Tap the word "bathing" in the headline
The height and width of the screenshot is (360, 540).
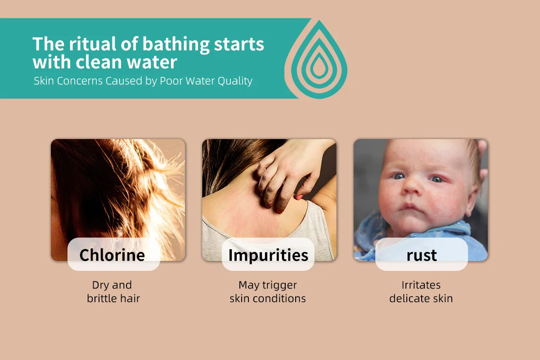pyautogui.click(x=176, y=45)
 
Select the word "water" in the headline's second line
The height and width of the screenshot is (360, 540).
pyautogui.click(x=152, y=62)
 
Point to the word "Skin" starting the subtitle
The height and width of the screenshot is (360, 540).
pyautogui.click(x=44, y=81)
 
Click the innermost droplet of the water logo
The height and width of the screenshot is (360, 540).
pyautogui.click(x=319, y=66)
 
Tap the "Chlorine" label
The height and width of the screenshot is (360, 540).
pyautogui.click(x=112, y=255)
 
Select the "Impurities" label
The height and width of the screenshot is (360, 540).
pyautogui.click(x=268, y=255)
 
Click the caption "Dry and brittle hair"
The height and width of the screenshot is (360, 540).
pyautogui.click(x=113, y=292)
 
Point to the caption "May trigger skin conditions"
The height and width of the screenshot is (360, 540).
pyautogui.click(x=268, y=292)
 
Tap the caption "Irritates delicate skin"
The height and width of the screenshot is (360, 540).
pyautogui.click(x=421, y=292)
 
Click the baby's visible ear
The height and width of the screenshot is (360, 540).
pyautogui.click(x=471, y=200)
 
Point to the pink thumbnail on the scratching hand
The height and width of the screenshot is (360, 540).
pyautogui.click(x=300, y=197)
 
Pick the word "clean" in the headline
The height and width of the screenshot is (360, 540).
pyautogui.click(x=99, y=62)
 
